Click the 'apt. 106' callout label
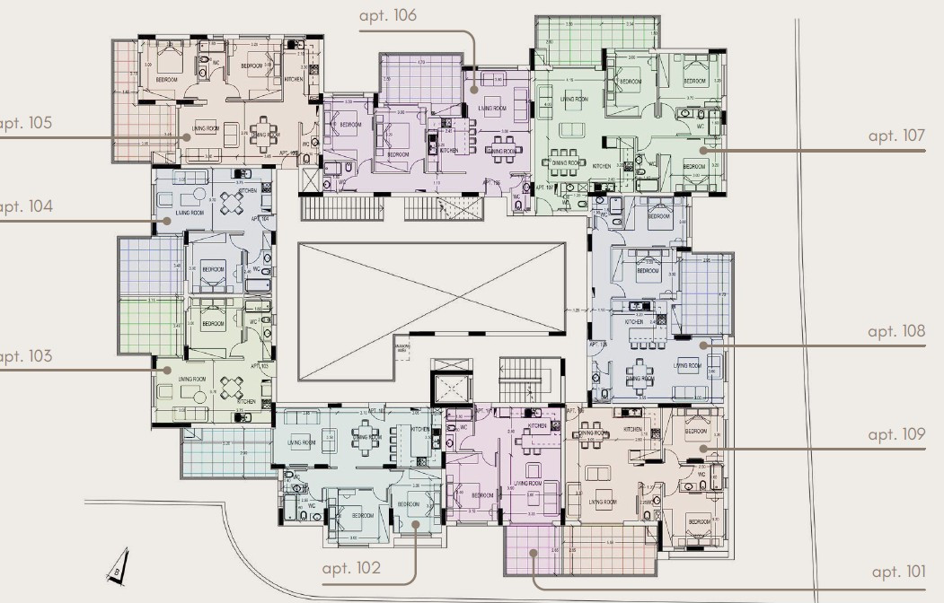pyautogui.click(x=387, y=15)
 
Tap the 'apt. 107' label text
pyautogui.click(x=895, y=135)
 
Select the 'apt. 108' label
pyautogui.click(x=895, y=331)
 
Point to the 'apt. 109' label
pyautogui.click(x=895, y=434)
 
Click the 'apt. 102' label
pyautogui.click(x=351, y=568)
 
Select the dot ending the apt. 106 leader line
pyautogui.click(x=472, y=90)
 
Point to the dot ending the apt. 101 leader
pyautogui.click(x=533, y=553)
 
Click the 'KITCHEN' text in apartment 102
pyautogui.click(x=419, y=430)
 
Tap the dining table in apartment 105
pyautogui.click(x=262, y=132)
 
